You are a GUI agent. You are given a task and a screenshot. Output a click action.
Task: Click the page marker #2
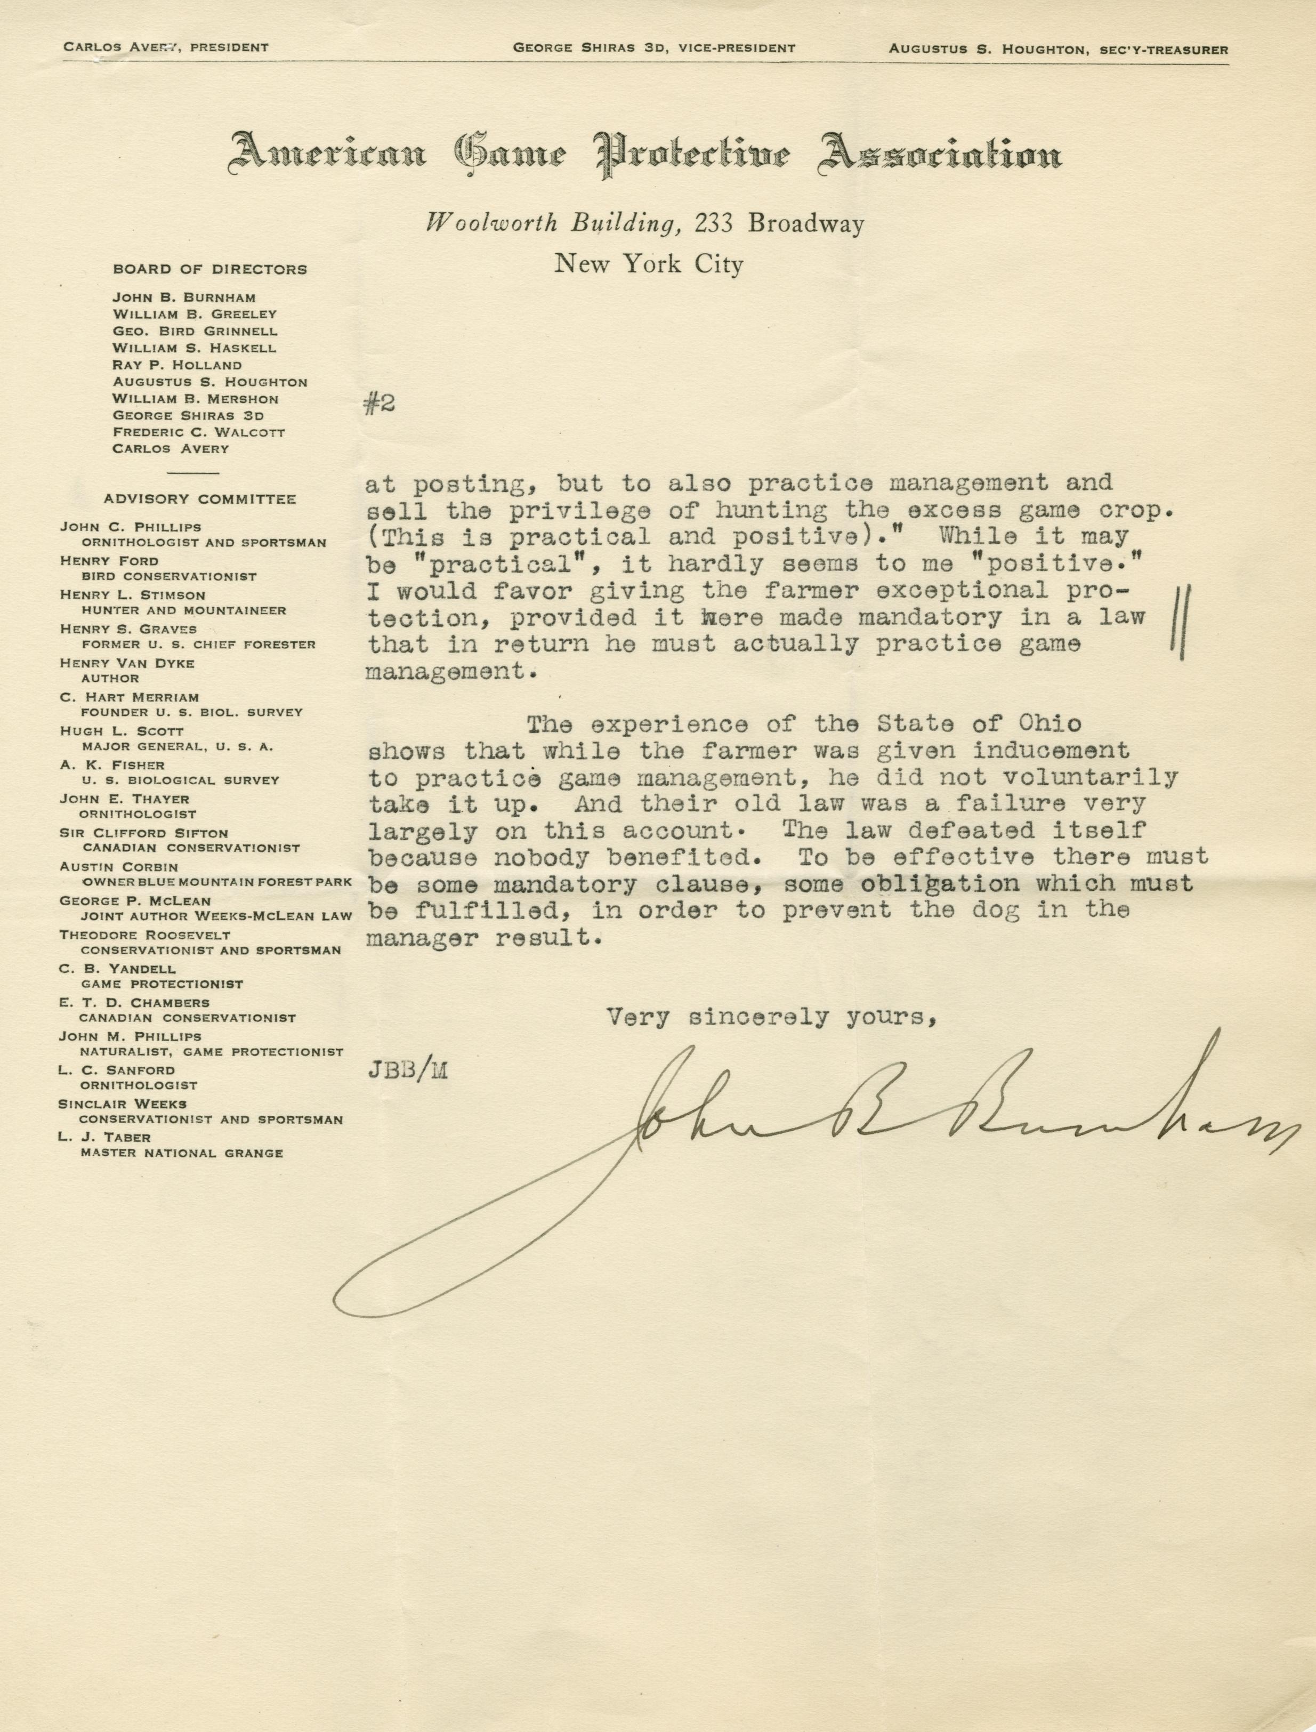379,404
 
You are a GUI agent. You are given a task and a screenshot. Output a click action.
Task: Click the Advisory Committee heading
200,499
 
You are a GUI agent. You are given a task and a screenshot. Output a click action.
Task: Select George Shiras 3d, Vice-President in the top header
653,48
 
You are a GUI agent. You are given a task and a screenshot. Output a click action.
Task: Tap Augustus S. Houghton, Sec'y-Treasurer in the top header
1057,49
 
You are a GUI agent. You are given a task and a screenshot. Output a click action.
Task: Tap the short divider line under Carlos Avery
193,473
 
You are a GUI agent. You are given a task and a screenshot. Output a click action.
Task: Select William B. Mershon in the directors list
195,399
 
